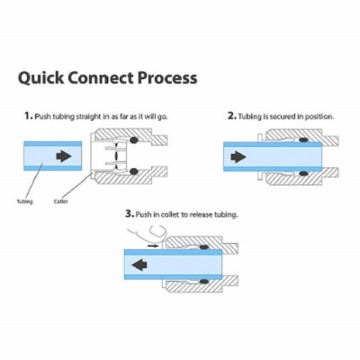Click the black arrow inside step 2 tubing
[238, 156]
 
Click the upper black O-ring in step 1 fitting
[132, 139]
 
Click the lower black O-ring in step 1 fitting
[132, 172]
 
